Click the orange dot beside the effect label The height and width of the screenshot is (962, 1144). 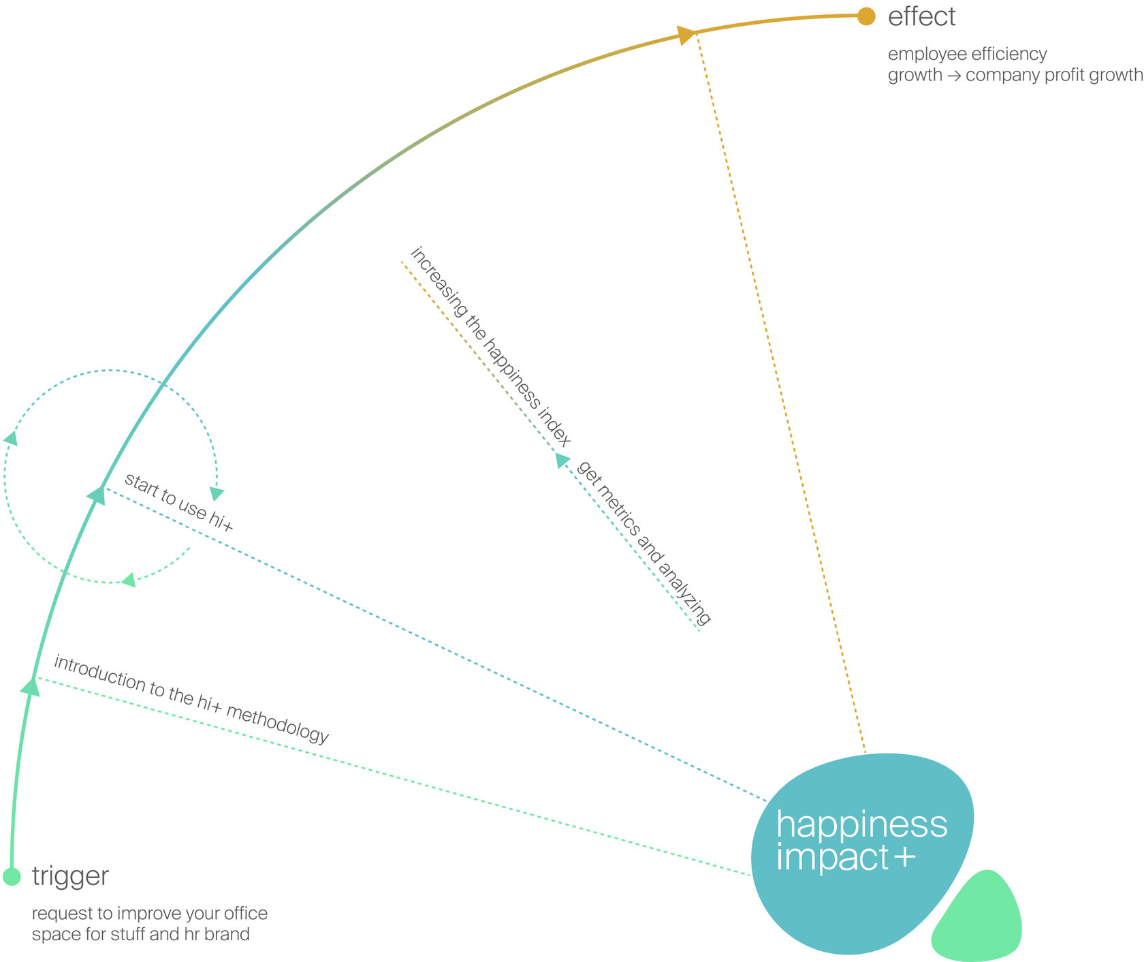pyautogui.click(x=865, y=16)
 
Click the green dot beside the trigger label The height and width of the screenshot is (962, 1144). pyautogui.click(x=12, y=876)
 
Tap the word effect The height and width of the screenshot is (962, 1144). pyautogui.click(x=921, y=17)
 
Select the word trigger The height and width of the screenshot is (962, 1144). pyautogui.click(x=70, y=876)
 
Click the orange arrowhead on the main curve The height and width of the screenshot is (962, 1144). pyautogui.click(x=685, y=35)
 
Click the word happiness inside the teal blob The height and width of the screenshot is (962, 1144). pyautogui.click(x=861, y=824)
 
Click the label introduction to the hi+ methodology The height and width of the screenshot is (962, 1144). pyautogui.click(x=191, y=699)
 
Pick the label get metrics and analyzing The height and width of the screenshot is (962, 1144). pyautogui.click(x=643, y=542)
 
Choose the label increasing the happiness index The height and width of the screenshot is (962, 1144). pyautogui.click(x=490, y=347)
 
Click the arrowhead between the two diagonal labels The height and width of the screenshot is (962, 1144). pyautogui.click(x=562, y=460)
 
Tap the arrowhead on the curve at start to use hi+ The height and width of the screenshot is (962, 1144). pyautogui.click(x=97, y=495)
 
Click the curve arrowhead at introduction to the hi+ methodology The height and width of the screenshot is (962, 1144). pyautogui.click(x=31, y=686)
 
